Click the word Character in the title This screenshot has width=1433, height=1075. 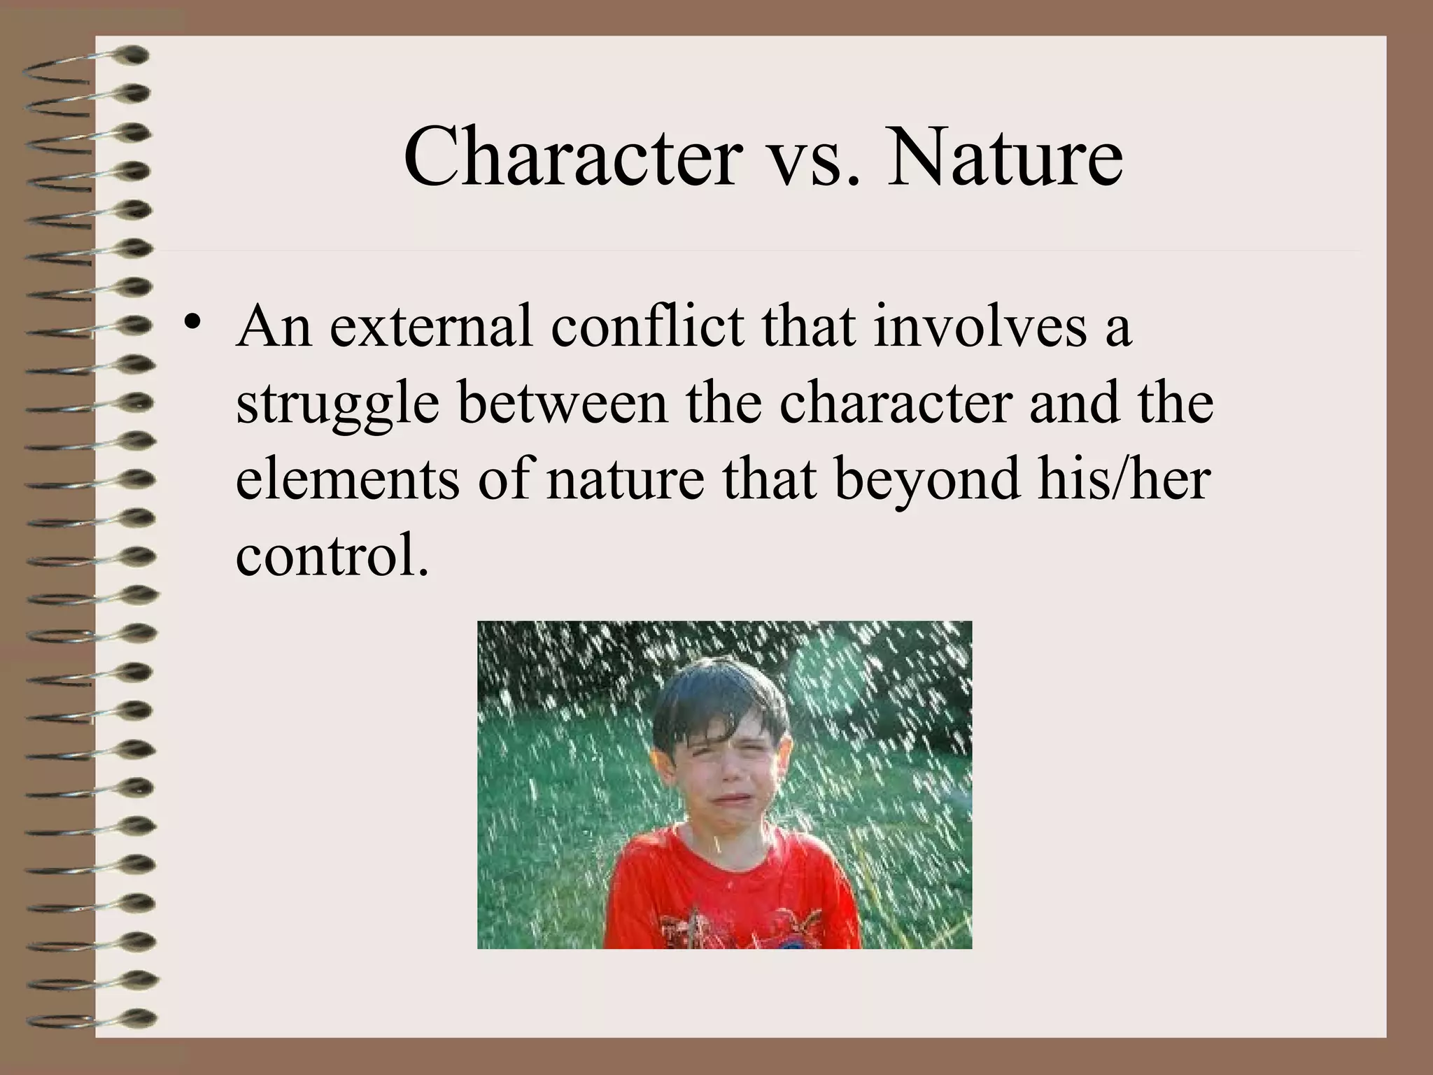[571, 157]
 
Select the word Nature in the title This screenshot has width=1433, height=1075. [1005, 157]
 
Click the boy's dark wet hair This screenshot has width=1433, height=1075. [714, 693]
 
